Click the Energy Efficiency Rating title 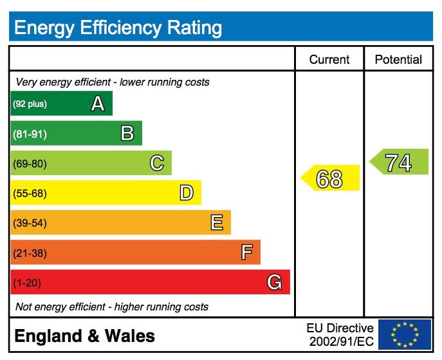[x=118, y=28]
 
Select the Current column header [x=329, y=59]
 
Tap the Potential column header [x=398, y=59]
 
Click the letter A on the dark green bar [x=97, y=104]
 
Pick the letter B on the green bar [x=127, y=133]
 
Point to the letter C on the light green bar [x=156, y=163]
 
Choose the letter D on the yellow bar [x=186, y=193]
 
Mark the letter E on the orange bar [x=217, y=223]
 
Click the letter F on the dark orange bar [x=246, y=252]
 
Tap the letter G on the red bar [x=275, y=282]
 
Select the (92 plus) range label [x=30, y=104]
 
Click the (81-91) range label [x=30, y=134]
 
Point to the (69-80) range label [x=30, y=164]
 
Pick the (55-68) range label [x=30, y=193]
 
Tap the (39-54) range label [x=30, y=223]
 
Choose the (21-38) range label [x=30, y=253]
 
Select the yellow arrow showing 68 [x=331, y=178]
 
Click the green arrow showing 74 [x=399, y=162]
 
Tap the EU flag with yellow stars [x=405, y=334]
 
